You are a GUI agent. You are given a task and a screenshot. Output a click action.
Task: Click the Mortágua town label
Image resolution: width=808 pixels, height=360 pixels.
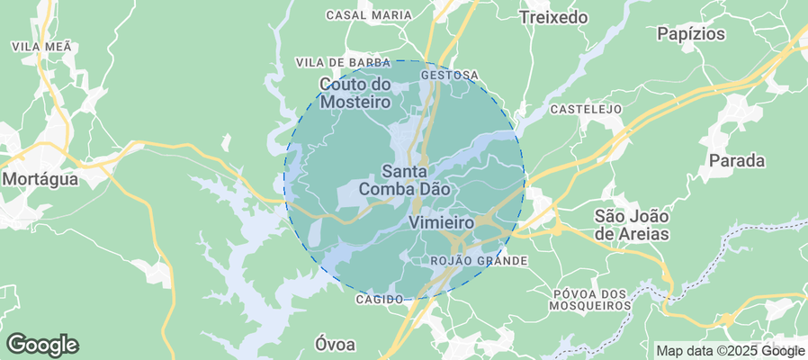point(40,179)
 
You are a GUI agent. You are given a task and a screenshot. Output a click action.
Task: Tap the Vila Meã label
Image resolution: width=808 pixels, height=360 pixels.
point(40,45)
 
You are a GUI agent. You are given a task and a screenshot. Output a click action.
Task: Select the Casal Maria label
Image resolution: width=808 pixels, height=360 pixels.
point(369,15)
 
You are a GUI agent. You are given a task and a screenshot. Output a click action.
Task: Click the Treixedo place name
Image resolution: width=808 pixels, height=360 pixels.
point(553,17)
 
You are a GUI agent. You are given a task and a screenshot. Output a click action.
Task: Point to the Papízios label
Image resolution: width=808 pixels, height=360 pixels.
point(691,34)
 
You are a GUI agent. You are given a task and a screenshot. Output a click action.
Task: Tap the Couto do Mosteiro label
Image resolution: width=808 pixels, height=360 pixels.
point(355,93)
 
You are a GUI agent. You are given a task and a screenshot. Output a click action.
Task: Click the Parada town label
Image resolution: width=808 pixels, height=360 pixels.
point(737,161)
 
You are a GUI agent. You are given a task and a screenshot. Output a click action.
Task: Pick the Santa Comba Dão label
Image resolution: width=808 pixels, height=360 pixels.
point(404,180)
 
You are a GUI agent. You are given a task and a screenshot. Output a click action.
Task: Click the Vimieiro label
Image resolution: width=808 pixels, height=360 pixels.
point(441,221)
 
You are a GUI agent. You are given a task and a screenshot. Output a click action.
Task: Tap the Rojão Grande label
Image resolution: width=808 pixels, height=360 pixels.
point(479,260)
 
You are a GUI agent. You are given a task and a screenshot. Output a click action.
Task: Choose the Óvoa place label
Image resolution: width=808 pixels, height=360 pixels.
point(335,344)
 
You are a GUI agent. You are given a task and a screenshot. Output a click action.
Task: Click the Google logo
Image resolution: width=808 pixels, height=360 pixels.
point(42,344)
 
